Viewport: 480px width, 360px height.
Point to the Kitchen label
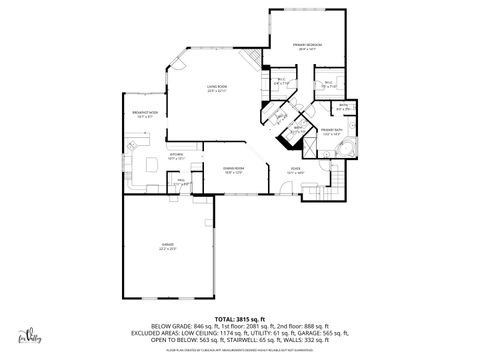click(175, 156)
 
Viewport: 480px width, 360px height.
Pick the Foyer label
click(296, 170)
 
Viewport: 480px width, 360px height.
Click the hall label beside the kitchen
click(182, 182)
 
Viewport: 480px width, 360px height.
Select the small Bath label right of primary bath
click(342, 105)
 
